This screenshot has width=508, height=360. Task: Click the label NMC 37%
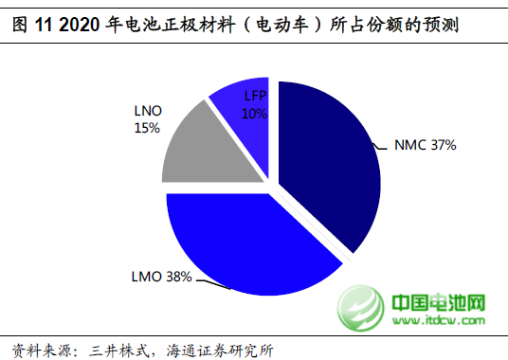pos(426,146)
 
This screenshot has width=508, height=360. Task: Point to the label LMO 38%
pos(162,278)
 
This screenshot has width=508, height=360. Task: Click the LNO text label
pos(147,111)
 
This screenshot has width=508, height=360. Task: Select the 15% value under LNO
pos(147,127)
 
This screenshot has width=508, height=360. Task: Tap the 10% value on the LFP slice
pos(255,114)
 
